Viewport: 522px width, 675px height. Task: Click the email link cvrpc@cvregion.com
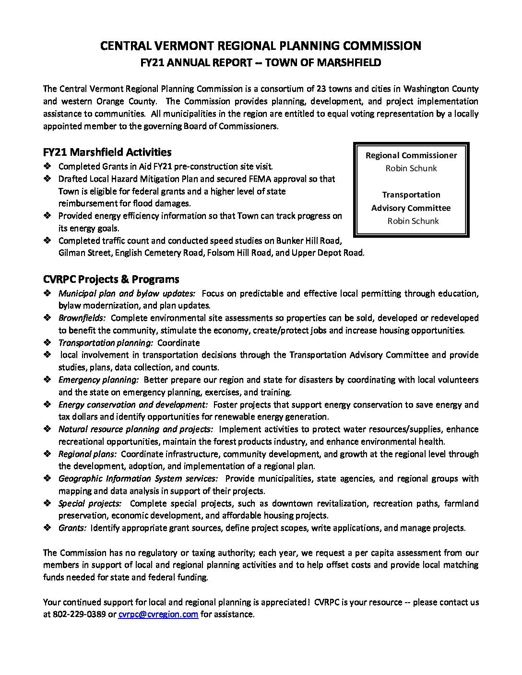158,614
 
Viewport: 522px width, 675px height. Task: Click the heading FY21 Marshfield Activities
107,152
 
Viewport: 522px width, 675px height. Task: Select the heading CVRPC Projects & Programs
111,279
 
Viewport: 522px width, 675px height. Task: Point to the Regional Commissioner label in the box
411,155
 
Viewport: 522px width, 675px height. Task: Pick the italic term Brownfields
82,318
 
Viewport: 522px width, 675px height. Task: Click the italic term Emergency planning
98,380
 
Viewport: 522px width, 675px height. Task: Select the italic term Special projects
90,503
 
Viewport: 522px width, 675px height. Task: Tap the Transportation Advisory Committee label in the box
411,201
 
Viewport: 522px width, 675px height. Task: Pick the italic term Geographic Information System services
138,478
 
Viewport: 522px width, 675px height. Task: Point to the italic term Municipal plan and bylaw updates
127,293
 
